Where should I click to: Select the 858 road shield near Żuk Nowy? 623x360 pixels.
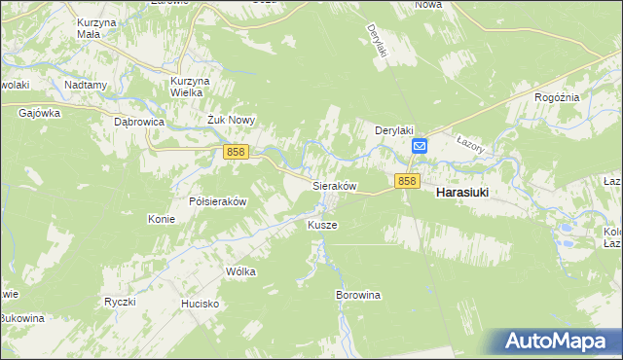tap(236, 152)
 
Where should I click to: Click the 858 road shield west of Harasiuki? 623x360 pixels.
tap(407, 181)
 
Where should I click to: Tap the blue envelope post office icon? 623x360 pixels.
tap(419, 147)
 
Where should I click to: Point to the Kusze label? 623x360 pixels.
tap(322, 225)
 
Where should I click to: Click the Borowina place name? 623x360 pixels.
tap(357, 294)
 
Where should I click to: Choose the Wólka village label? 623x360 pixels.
tap(240, 271)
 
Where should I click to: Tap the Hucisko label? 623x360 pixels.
tap(200, 304)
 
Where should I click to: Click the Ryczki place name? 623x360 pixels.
tap(119, 302)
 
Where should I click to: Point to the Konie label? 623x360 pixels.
tap(161, 219)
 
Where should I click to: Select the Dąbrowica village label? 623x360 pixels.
tap(138, 123)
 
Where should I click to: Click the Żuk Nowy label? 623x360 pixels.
tap(231, 121)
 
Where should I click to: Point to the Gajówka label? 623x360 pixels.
tap(40, 113)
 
